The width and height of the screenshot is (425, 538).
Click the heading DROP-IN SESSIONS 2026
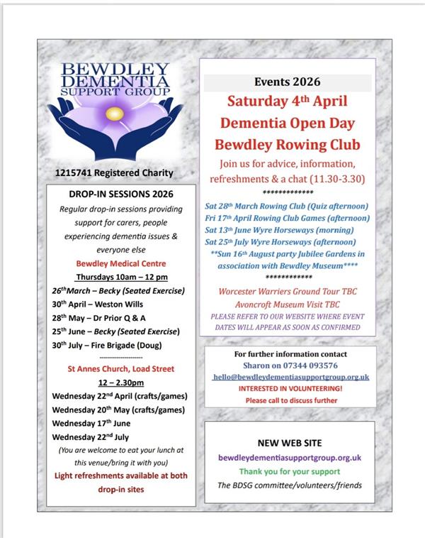click(x=116, y=194)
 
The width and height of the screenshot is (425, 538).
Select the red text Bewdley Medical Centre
click(x=116, y=263)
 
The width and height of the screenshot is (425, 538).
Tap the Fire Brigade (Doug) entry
click(x=106, y=345)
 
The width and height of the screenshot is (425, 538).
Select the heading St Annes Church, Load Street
click(x=116, y=369)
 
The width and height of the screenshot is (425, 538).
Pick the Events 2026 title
click(x=287, y=82)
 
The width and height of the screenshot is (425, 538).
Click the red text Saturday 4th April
click(x=288, y=101)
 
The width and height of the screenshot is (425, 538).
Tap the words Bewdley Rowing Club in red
click(x=288, y=145)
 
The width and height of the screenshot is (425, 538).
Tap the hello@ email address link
click(x=290, y=378)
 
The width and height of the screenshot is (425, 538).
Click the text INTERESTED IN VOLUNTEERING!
click(x=290, y=390)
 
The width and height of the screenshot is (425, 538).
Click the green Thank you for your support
click(x=289, y=471)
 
